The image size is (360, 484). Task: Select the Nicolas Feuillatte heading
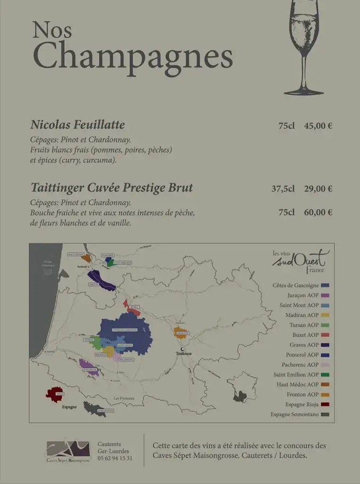click(x=77, y=125)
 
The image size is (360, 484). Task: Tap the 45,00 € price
click(x=318, y=126)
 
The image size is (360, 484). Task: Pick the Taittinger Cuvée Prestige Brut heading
click(x=111, y=188)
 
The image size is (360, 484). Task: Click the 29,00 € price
click(x=318, y=189)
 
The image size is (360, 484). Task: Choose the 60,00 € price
click(x=318, y=212)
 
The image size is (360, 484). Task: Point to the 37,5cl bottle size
click(x=283, y=189)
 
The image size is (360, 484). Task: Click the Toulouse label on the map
click(x=183, y=353)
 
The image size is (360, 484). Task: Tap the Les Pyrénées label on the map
click(x=124, y=398)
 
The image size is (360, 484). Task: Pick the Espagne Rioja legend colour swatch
click(x=325, y=405)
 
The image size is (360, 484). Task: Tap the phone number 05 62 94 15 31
click(x=115, y=458)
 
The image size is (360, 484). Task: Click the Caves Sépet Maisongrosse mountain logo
click(x=67, y=449)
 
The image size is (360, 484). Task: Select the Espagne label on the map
click(x=69, y=406)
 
